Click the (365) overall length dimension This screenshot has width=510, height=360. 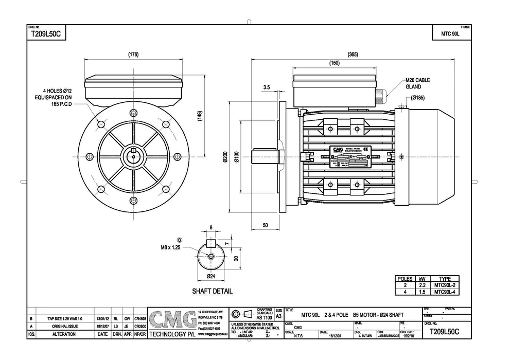click(x=353, y=54)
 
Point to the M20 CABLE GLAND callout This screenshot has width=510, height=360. click(x=417, y=83)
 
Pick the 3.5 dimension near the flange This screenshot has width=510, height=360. click(x=266, y=88)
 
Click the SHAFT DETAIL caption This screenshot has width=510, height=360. click(x=212, y=291)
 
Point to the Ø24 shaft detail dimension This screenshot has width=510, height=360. click(x=210, y=277)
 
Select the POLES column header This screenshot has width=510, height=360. click(x=404, y=278)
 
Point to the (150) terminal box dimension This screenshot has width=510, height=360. click(x=334, y=63)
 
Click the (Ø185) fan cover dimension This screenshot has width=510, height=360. click(x=418, y=97)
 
